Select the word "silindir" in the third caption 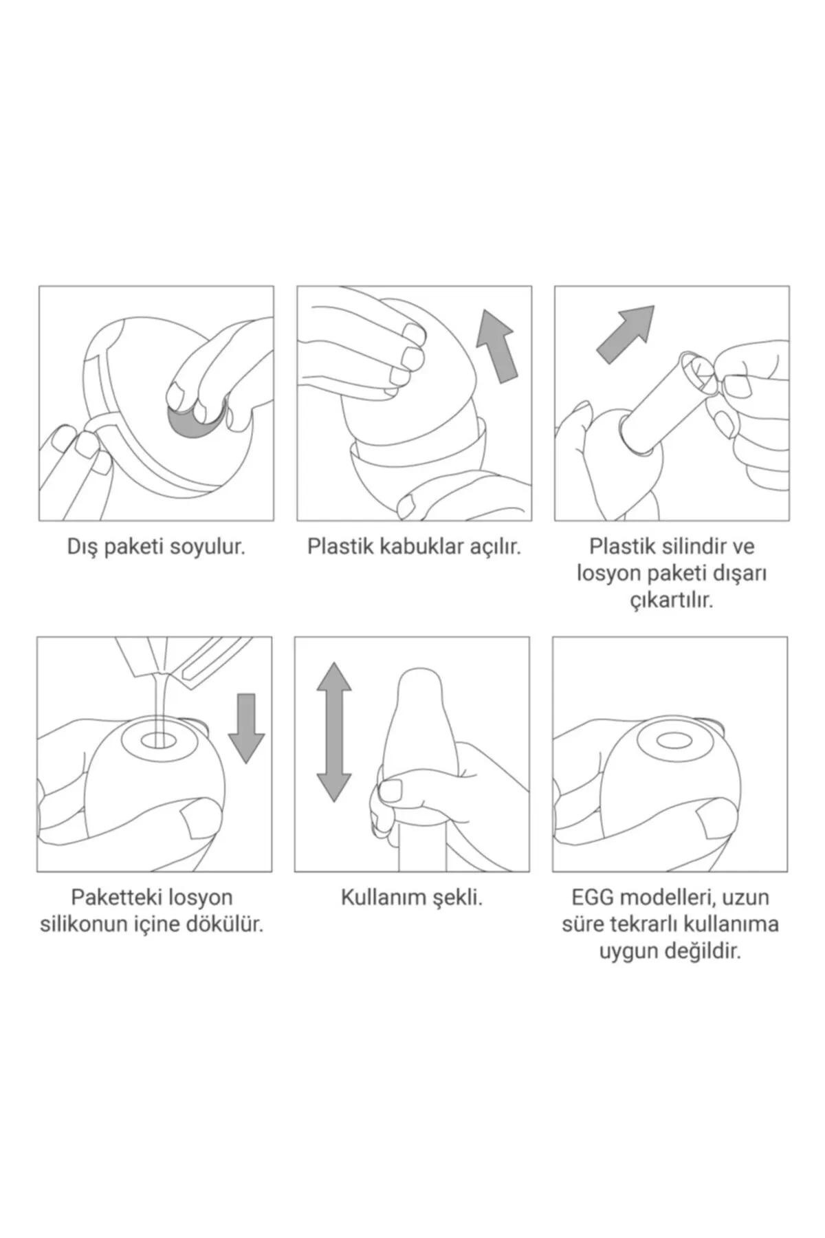(x=685, y=547)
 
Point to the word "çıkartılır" (x=672, y=600)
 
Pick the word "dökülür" (x=225, y=924)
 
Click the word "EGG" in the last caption (x=594, y=898)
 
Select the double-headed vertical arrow (x=333, y=732)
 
